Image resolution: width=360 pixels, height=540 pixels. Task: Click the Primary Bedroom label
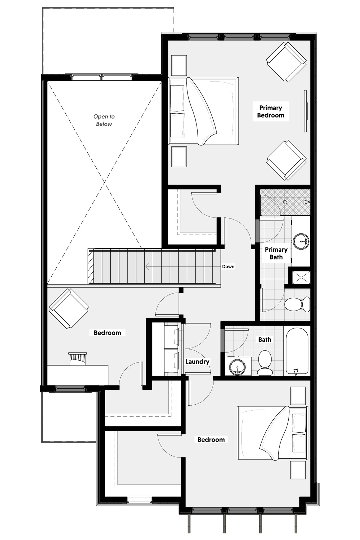pyautogui.click(x=271, y=112)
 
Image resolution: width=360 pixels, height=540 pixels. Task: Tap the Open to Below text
pyautogui.click(x=104, y=120)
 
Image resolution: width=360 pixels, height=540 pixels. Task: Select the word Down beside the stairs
pyautogui.click(x=228, y=266)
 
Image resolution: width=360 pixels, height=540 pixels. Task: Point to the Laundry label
pyautogui.click(x=197, y=361)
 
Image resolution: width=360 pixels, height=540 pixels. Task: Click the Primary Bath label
pyautogui.click(x=276, y=253)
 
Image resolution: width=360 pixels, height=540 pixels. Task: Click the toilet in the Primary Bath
pyautogui.click(x=297, y=304)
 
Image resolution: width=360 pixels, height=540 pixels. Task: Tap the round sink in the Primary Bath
pyautogui.click(x=301, y=241)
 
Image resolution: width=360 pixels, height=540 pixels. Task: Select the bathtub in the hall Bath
pyautogui.click(x=297, y=351)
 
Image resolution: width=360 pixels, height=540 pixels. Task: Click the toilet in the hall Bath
pyautogui.click(x=265, y=363)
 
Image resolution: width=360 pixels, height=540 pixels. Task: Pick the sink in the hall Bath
pyautogui.click(x=238, y=367)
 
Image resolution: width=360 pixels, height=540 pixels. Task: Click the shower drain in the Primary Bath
pyautogui.click(x=285, y=202)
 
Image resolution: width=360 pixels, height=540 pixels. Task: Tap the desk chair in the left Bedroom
pyautogui.click(x=78, y=358)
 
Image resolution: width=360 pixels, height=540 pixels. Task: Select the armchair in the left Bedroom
pyautogui.click(x=69, y=308)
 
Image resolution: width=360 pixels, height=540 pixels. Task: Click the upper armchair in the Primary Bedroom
pyautogui.click(x=286, y=62)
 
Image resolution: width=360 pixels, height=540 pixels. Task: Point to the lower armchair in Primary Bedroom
pyautogui.click(x=286, y=160)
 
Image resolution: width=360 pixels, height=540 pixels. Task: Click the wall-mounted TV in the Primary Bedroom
pyautogui.click(x=305, y=111)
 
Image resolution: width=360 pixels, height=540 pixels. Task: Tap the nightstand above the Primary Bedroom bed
pyautogui.click(x=179, y=65)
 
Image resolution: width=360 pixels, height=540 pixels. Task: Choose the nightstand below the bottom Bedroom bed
pyautogui.click(x=298, y=470)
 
